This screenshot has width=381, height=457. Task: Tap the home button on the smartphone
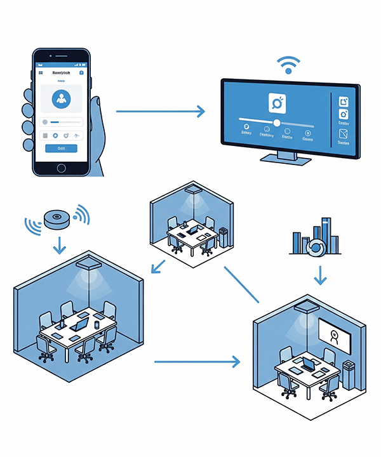[62, 168]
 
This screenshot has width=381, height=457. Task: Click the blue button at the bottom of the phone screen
[62, 148]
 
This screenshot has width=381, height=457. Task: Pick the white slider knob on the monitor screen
[276, 123]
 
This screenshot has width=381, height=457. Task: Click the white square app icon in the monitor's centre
[277, 102]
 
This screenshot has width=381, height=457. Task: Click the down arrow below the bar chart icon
[321, 274]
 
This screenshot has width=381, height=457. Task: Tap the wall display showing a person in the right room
[335, 336]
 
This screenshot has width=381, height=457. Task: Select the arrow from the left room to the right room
[197, 362]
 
